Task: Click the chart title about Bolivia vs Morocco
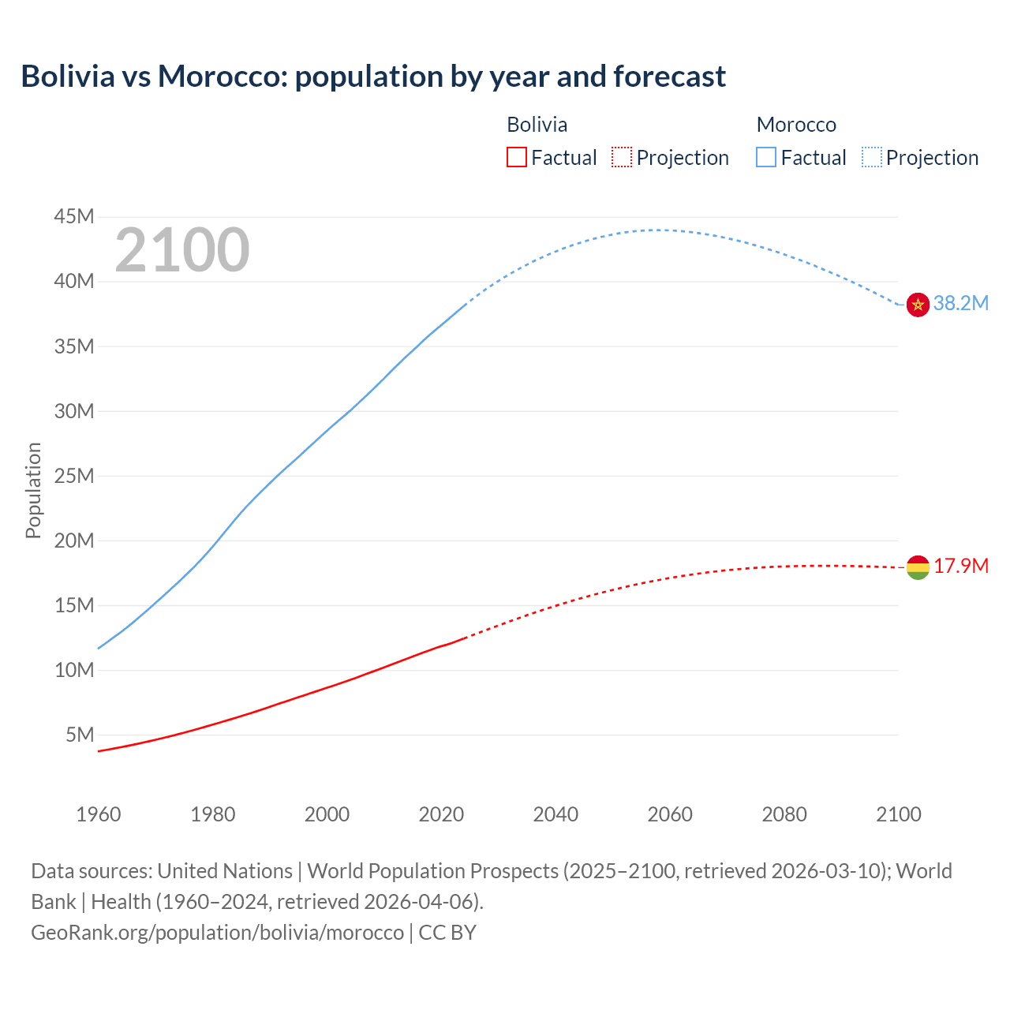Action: coord(373,77)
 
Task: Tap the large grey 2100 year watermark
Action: coord(182,250)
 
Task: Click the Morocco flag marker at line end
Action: coord(918,305)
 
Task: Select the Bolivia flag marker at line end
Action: coord(918,567)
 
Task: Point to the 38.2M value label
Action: coord(960,304)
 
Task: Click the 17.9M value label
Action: coord(960,567)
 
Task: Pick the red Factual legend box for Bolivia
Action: coord(517,158)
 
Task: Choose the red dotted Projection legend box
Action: coord(622,158)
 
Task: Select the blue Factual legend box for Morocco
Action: coord(766,158)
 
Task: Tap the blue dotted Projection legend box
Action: coord(872,158)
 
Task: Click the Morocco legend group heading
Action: coord(796,125)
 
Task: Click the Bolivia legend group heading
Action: coord(537,125)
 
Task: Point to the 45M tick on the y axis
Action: coord(74,216)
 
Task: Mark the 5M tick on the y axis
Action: coord(80,735)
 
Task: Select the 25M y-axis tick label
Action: coord(74,476)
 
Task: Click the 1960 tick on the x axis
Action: coord(99,814)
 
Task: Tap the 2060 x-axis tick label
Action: coord(670,814)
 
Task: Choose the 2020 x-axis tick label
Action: coord(441,814)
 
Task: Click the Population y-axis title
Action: coord(33,490)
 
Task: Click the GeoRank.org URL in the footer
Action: coord(217,933)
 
